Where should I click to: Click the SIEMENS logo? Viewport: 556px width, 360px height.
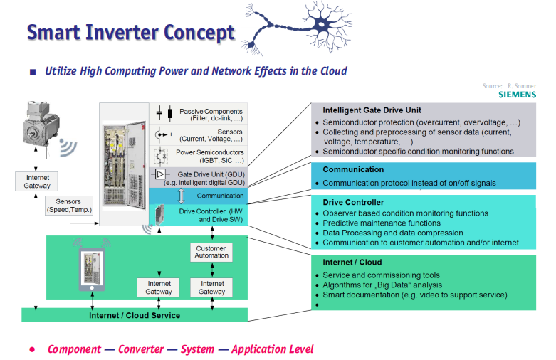tap(517, 95)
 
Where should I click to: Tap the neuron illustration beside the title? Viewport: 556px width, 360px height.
tap(297, 28)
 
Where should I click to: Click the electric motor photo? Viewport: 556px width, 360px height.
tap(41, 123)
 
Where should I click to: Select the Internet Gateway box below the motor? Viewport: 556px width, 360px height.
tap(36, 181)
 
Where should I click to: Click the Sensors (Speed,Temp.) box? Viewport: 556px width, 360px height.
tap(69, 206)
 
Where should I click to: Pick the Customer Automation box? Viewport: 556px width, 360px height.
tap(211, 252)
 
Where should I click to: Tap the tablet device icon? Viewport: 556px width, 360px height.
tap(92, 270)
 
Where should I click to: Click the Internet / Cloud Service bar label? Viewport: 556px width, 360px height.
tap(135, 315)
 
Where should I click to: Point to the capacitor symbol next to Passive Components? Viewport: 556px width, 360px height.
tap(164, 113)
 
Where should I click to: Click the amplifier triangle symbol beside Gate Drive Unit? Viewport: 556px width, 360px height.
tap(160, 174)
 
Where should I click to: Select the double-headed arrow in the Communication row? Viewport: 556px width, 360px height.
tap(181, 196)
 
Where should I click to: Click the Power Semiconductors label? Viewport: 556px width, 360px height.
tap(210, 157)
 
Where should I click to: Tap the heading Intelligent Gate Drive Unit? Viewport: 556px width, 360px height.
tap(372, 110)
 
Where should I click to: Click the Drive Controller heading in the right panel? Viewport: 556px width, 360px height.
tap(353, 202)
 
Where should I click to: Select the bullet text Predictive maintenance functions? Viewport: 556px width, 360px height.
tap(382, 223)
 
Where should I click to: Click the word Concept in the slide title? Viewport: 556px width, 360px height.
tap(199, 33)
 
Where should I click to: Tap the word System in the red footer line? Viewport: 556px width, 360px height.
tap(197, 349)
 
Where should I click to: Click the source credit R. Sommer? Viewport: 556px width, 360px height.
tap(522, 86)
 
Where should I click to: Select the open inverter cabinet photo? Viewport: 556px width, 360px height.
tap(124, 164)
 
